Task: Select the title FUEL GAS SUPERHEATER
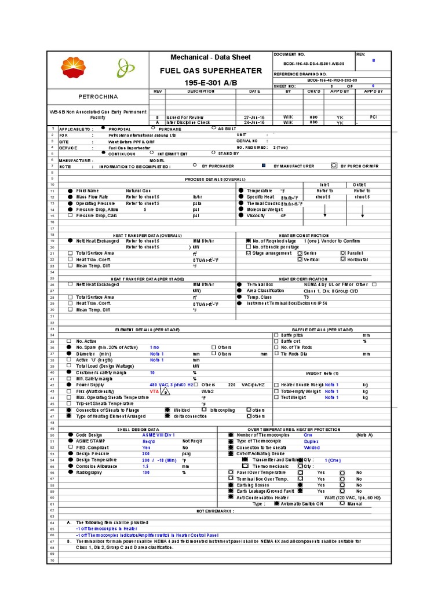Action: (210, 71)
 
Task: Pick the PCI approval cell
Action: (374, 116)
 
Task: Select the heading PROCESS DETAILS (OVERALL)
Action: (216, 179)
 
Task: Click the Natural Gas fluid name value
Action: (138, 191)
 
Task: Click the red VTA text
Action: (154, 391)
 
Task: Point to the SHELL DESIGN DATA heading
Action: (134, 429)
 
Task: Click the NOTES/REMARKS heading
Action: (216, 511)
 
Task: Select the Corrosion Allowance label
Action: (96, 466)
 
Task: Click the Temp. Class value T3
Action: (307, 297)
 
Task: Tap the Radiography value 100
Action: (146, 472)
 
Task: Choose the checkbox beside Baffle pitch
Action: (276, 335)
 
